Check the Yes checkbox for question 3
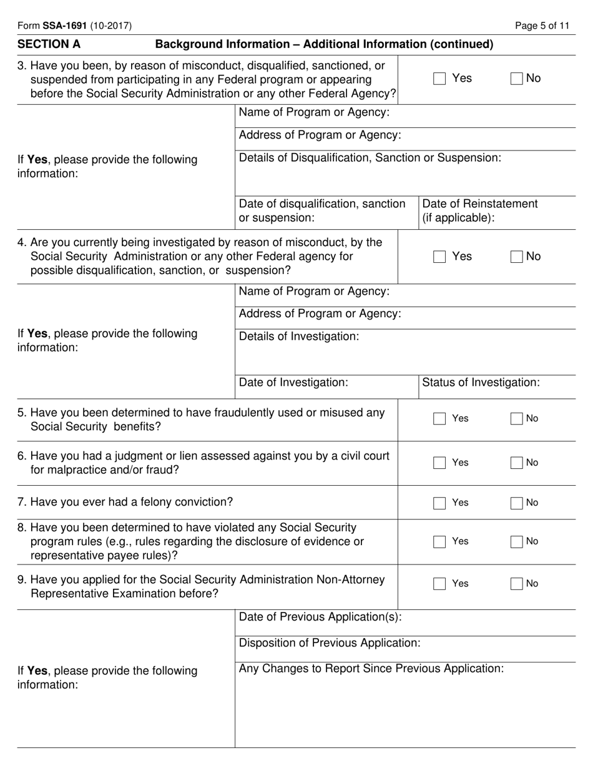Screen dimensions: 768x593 [439, 79]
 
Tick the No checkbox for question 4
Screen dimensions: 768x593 [517, 257]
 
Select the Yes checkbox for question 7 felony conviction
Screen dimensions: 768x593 [439, 503]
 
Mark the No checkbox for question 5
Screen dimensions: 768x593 [517, 419]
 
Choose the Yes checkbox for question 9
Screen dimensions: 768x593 [439, 584]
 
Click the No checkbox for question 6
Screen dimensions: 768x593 [517, 463]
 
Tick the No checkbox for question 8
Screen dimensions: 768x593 [517, 542]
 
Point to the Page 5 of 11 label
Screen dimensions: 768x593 [542, 26]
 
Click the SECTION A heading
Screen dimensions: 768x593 [49, 44]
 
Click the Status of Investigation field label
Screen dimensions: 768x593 [481, 382]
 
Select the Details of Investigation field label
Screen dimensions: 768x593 [299, 337]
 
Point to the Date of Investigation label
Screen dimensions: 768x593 [293, 382]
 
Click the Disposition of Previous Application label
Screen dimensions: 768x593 [330, 642]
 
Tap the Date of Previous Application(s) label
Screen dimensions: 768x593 [320, 617]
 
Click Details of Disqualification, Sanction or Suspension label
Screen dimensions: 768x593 [370, 157]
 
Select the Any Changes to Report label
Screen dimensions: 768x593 [371, 669]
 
